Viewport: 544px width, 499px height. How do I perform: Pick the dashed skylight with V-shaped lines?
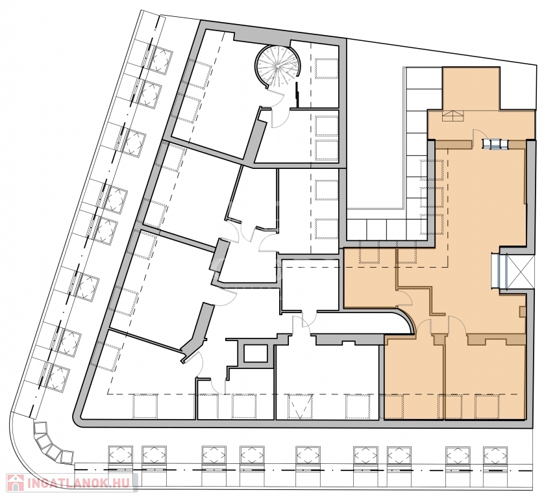click(x=300, y=406)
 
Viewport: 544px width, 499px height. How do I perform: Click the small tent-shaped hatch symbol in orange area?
click(x=452, y=116)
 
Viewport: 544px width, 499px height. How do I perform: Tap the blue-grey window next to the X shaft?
click(x=499, y=271)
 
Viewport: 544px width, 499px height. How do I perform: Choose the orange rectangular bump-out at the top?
click(x=471, y=88)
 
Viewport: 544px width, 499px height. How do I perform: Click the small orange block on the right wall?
click(x=522, y=311)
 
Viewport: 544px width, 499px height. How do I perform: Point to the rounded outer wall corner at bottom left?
click(x=79, y=418)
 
